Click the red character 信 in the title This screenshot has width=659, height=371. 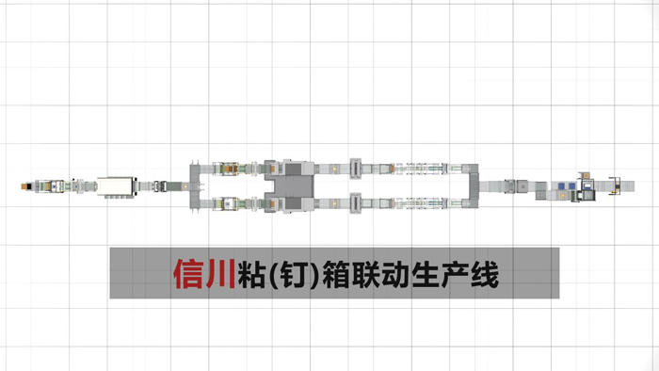coord(190,273)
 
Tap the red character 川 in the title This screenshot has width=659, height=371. coord(222,273)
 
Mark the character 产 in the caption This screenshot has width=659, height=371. coord(466,273)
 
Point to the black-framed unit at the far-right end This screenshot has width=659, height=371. coord(617,185)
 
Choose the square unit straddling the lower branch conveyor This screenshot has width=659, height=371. coord(356,201)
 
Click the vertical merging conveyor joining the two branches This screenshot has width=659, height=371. coord(474,185)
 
